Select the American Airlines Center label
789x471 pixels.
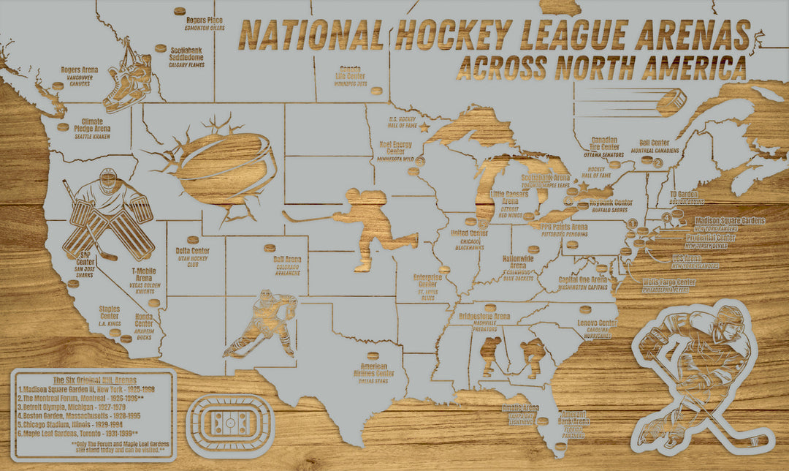(x=377, y=369)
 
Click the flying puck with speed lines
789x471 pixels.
(x=671, y=101)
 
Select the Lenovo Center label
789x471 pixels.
(x=597, y=323)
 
